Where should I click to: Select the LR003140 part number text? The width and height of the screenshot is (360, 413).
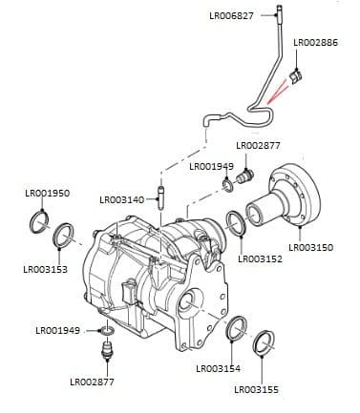[x=121, y=200]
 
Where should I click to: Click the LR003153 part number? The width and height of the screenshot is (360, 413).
[x=45, y=270]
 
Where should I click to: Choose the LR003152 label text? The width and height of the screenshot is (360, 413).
[x=260, y=258]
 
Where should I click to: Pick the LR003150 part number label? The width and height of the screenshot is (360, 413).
[x=310, y=247]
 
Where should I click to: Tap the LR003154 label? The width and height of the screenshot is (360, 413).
[x=218, y=368]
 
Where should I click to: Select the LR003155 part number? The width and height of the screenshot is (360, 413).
[x=257, y=390]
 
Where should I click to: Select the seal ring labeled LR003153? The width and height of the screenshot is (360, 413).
[x=65, y=234]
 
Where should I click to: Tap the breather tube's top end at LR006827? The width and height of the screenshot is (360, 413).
[x=278, y=12]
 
